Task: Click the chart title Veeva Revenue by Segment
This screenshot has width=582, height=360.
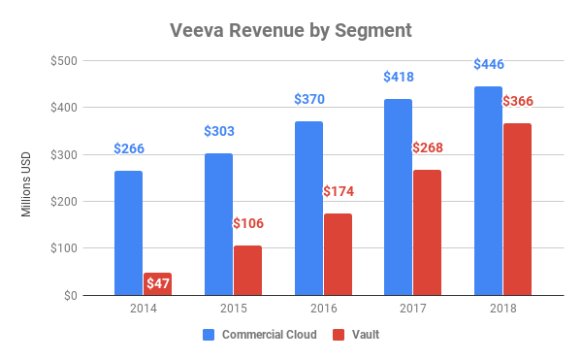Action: click(x=290, y=30)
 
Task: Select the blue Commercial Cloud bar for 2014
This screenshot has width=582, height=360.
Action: click(x=128, y=233)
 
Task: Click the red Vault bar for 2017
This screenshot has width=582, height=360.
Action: click(x=427, y=232)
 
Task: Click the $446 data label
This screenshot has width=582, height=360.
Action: click(x=488, y=65)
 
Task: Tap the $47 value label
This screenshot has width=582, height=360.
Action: click(x=157, y=283)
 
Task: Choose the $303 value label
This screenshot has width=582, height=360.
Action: click(x=218, y=132)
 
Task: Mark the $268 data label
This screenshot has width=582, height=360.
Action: click(x=427, y=147)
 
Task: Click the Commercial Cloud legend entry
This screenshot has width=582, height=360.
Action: click(x=257, y=335)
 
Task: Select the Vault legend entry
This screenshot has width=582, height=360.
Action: click(x=355, y=335)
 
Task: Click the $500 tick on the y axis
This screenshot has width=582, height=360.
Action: click(x=65, y=60)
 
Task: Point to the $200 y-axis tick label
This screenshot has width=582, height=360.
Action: click(x=65, y=201)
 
